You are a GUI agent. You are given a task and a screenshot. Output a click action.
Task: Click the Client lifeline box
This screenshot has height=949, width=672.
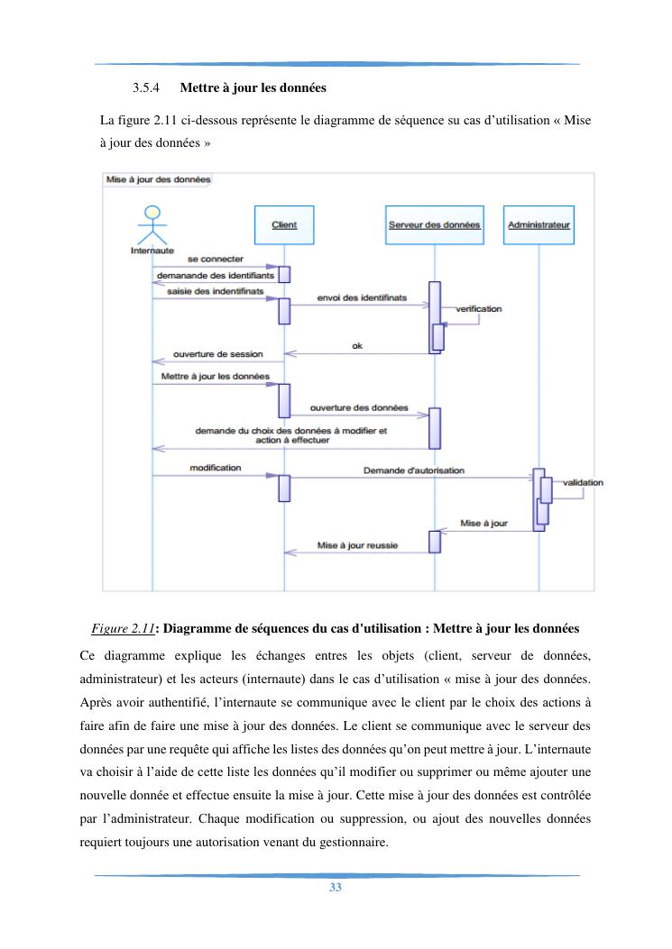(284, 224)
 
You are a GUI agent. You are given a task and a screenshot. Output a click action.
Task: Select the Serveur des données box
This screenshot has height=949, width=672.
(433, 224)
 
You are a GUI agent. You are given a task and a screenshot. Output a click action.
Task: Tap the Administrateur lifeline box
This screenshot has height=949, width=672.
(539, 224)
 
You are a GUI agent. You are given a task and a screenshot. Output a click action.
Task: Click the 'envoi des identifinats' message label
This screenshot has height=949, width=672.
(362, 297)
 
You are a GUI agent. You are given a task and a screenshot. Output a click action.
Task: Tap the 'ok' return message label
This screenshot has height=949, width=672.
(357, 344)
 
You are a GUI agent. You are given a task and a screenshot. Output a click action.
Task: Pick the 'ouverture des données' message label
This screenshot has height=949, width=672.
(359, 407)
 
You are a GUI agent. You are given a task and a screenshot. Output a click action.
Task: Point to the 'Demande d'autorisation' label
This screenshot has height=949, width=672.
(414, 470)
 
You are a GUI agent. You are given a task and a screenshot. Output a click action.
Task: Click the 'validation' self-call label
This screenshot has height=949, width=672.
(583, 482)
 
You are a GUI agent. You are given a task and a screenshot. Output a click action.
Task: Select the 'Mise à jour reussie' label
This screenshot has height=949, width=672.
(357, 545)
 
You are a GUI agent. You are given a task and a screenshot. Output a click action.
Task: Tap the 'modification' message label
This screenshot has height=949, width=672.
(216, 468)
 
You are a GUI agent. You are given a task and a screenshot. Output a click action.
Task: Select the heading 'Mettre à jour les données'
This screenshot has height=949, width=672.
(253, 88)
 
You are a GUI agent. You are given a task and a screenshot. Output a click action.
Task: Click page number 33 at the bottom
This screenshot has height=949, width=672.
(336, 888)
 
